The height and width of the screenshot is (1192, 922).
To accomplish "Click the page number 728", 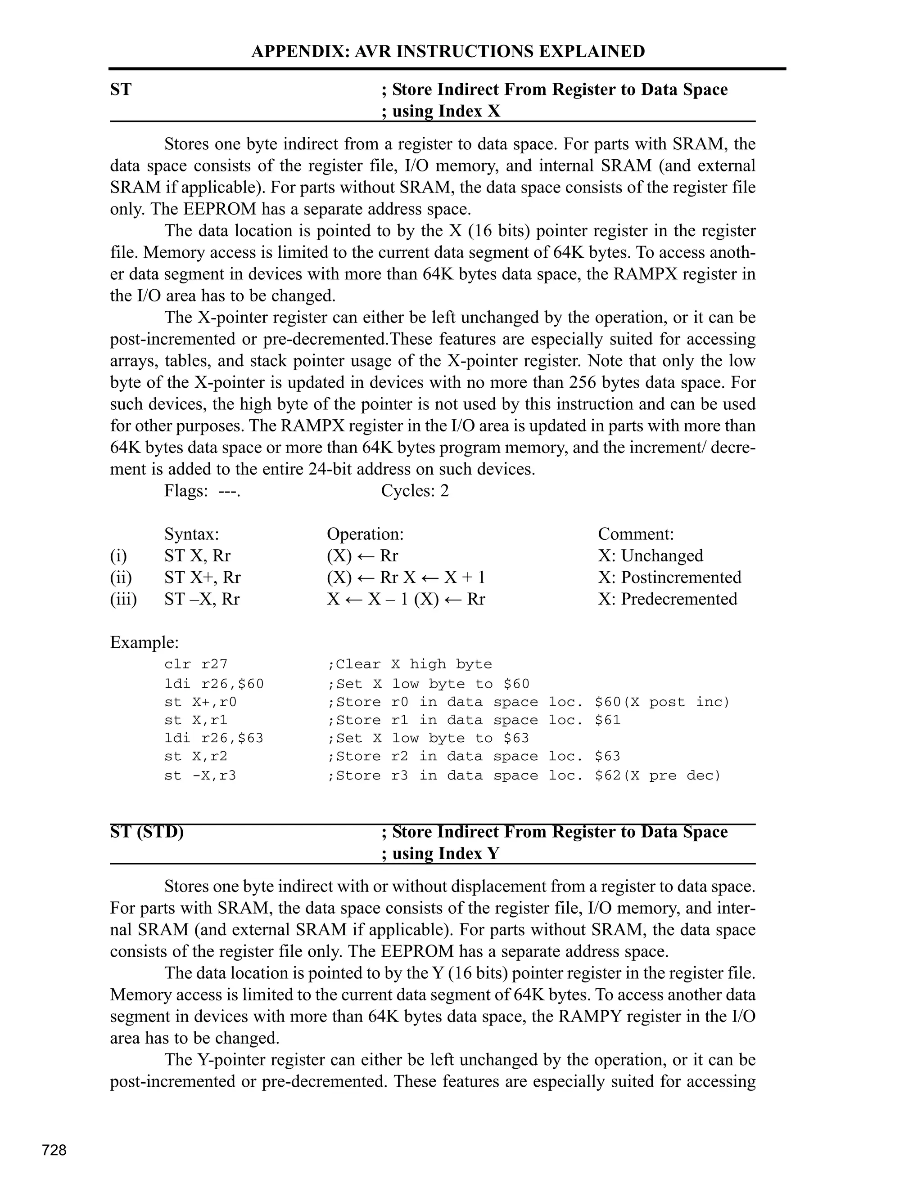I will (x=54, y=1150).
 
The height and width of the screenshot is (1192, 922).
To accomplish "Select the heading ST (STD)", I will (x=147, y=832).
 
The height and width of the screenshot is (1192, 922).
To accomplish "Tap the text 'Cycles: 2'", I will (x=415, y=491).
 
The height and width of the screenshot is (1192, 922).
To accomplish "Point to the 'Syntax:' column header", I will (x=191, y=534).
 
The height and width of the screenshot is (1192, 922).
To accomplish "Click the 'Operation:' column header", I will (x=365, y=534).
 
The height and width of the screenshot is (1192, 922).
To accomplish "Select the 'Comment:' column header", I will (x=636, y=534).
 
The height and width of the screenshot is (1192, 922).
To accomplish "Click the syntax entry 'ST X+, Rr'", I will (x=202, y=578).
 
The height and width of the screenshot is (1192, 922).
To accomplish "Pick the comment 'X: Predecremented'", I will (x=668, y=599).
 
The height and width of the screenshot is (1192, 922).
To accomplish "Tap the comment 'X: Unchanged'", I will (x=651, y=556).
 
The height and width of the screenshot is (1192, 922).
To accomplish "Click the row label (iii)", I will (x=123, y=599).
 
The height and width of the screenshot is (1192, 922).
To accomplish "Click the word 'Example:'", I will (x=144, y=642).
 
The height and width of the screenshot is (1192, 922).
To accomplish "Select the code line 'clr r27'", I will (x=195, y=664).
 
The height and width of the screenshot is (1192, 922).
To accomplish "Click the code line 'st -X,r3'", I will (x=200, y=775).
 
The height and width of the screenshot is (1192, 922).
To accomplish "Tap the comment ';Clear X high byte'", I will (x=409, y=664).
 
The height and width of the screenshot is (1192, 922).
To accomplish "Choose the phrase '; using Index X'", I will (x=440, y=112).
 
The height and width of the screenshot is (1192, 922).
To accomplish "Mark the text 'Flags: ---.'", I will (x=202, y=491).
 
